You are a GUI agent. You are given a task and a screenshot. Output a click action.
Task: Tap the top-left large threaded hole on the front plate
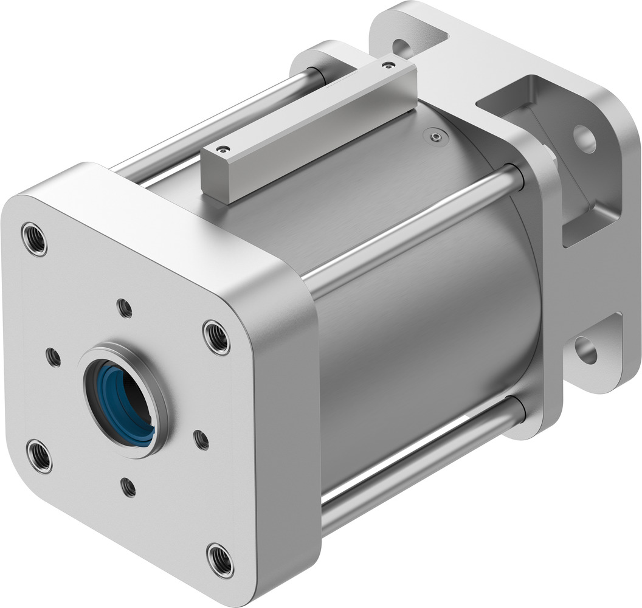click(33, 240)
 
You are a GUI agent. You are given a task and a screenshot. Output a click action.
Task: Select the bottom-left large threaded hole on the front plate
click(39, 456)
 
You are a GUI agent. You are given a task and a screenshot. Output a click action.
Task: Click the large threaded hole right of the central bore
click(216, 336)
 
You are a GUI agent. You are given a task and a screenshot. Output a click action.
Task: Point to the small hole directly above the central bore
click(125, 309)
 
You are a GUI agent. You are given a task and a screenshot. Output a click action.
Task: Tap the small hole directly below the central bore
click(128, 487)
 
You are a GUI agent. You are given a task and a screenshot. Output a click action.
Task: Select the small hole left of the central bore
click(53, 357)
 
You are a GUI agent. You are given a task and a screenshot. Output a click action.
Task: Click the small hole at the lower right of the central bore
click(201, 439)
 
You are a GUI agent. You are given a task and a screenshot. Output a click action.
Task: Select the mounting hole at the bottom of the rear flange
click(586, 350)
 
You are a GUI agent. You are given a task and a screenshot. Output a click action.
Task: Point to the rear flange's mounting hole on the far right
click(584, 139)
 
